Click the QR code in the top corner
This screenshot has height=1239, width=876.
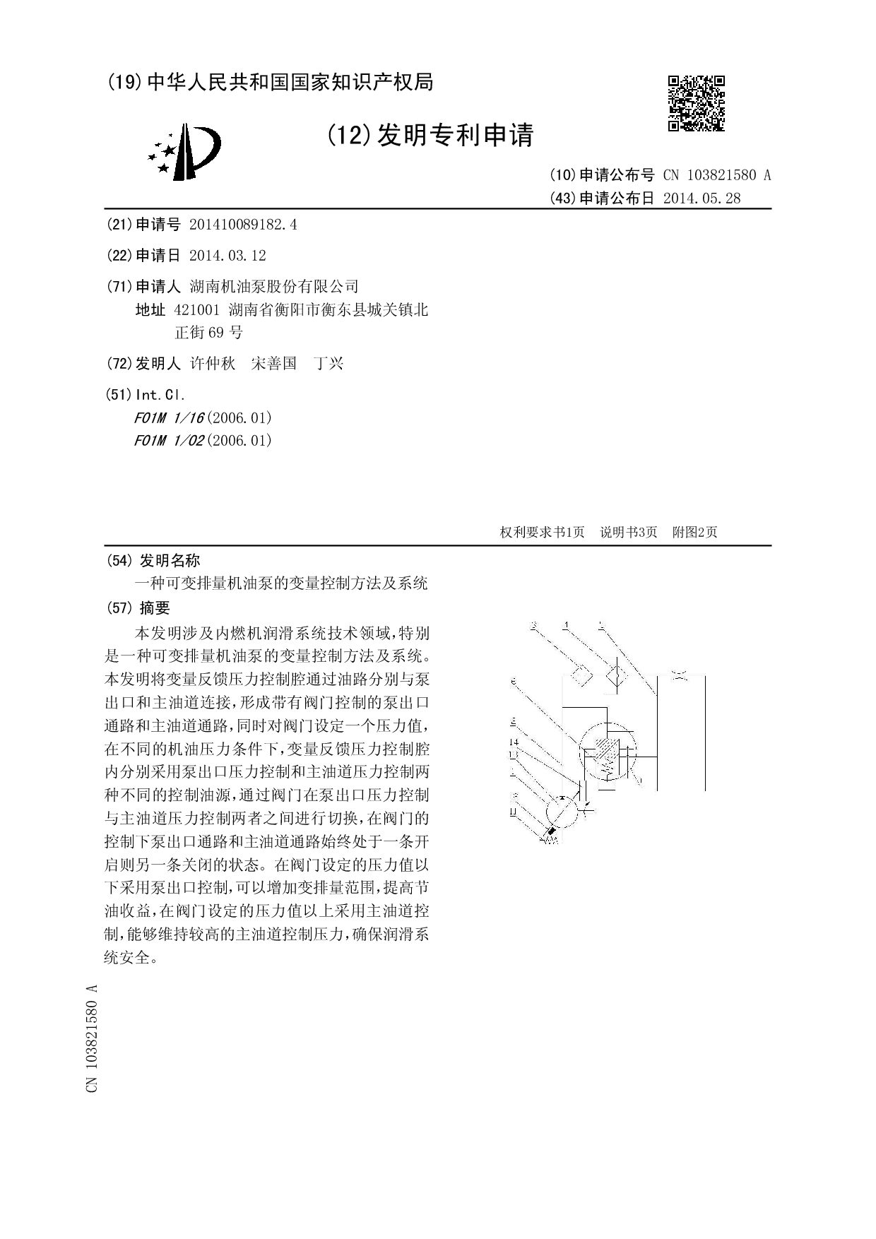point(696,103)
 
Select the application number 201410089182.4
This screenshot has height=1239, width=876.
point(242,225)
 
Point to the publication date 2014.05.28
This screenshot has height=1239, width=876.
point(702,198)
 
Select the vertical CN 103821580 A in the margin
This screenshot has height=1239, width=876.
point(91,1038)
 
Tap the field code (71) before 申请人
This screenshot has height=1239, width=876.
point(118,287)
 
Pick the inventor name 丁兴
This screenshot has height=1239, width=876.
point(328,364)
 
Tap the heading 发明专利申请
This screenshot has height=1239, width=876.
point(456,135)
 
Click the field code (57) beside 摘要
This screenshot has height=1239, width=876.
point(118,608)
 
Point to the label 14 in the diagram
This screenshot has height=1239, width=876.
point(514,741)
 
